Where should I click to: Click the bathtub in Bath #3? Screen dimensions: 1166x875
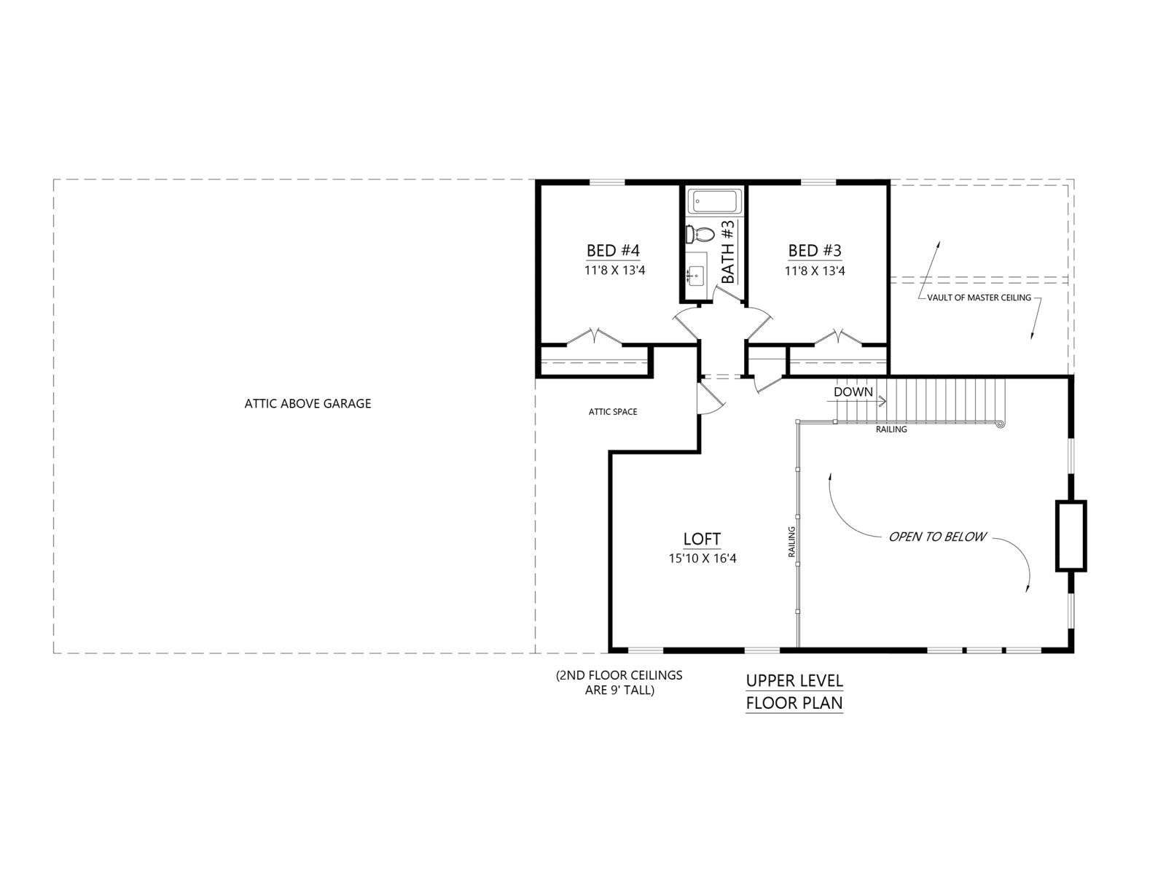coord(713,201)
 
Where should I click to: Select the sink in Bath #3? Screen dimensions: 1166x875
coord(696,275)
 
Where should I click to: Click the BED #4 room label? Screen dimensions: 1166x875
coord(613,249)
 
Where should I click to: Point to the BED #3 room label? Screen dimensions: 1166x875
coord(814,249)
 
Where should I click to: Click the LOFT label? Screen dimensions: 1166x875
coord(702,539)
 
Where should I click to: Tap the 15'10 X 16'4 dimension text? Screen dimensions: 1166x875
coord(703,559)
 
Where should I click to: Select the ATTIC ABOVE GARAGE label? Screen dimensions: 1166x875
coord(308,403)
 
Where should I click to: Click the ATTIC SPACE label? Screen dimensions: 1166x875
coord(612,411)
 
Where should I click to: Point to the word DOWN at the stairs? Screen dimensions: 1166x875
coord(853,392)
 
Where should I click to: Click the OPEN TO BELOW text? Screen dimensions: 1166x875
coord(937,537)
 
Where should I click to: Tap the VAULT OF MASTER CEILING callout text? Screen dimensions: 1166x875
coord(979,297)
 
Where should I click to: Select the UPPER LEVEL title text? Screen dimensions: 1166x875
coord(794,680)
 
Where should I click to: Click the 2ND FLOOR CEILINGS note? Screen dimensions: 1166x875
coord(619,682)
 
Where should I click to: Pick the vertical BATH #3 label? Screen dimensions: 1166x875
coord(728,252)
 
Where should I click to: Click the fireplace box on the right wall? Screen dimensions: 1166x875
coord(1071,535)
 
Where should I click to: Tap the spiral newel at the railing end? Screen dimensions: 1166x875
coord(1001,424)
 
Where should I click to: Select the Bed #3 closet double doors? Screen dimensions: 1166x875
coord(838,338)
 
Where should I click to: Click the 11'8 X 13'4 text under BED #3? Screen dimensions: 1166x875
coord(814,271)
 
